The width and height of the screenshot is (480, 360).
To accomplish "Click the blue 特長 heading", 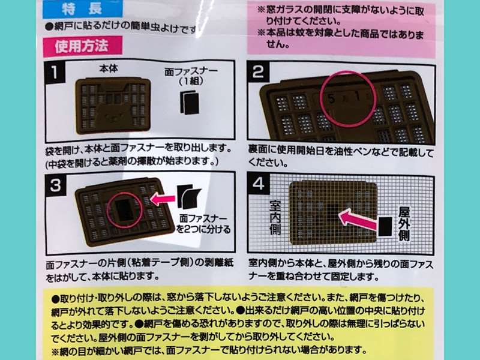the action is click(x=83, y=9).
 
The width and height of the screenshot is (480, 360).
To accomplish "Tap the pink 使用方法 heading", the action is click(x=83, y=46).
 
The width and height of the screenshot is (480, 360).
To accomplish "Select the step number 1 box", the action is click(x=55, y=73).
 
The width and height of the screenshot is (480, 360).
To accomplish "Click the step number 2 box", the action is click(x=258, y=71).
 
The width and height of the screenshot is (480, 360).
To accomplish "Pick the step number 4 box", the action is click(x=259, y=184).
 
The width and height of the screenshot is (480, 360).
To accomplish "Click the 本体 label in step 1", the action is click(x=109, y=68).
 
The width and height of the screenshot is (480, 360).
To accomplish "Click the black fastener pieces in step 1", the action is click(x=190, y=103).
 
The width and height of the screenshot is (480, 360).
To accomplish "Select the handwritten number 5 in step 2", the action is click(x=331, y=98).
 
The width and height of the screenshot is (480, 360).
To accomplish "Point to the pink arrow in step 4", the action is click(x=358, y=219).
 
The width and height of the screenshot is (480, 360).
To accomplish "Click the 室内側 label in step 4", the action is click(x=275, y=217).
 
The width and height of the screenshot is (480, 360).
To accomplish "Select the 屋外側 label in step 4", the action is click(x=404, y=224).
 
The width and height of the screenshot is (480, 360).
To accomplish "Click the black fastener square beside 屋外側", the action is click(x=385, y=227).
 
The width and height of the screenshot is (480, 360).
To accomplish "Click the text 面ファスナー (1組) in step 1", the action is click(x=191, y=76).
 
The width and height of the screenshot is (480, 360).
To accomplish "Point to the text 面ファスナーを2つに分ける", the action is click(x=203, y=224).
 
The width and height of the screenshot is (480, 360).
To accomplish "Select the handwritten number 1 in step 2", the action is click(x=356, y=97).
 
